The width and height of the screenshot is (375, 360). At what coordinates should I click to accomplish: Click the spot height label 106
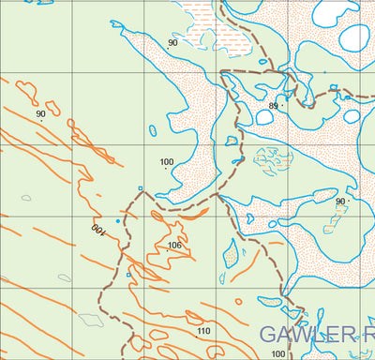click(x=173, y=246)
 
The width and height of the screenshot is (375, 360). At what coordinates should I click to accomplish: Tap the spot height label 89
click(x=274, y=106)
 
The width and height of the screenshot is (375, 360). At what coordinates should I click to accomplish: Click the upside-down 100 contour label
click(x=97, y=229)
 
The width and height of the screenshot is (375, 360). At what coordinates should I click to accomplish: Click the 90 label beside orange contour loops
click(x=40, y=114)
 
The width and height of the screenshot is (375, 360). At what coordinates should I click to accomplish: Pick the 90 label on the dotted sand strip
click(x=172, y=43)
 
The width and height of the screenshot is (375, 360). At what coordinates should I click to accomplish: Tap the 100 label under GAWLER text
click(x=277, y=353)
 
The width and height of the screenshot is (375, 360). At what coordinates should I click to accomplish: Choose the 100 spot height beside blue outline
click(x=167, y=163)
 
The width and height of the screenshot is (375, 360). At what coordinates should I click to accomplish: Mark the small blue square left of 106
click(x=128, y=276)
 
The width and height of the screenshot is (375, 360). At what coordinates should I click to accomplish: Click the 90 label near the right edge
click(x=340, y=202)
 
